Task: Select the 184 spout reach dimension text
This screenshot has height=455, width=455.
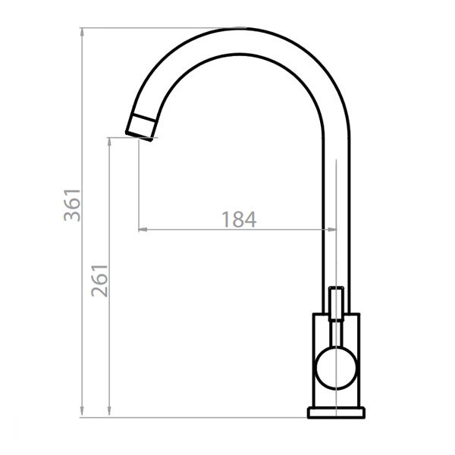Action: (x=239, y=220)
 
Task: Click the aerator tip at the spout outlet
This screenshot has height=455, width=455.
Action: (x=140, y=127)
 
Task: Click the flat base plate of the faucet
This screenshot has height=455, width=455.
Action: (x=336, y=413)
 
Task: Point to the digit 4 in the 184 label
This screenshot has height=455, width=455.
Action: (x=250, y=220)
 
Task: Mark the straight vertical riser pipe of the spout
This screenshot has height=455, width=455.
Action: (x=336, y=212)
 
